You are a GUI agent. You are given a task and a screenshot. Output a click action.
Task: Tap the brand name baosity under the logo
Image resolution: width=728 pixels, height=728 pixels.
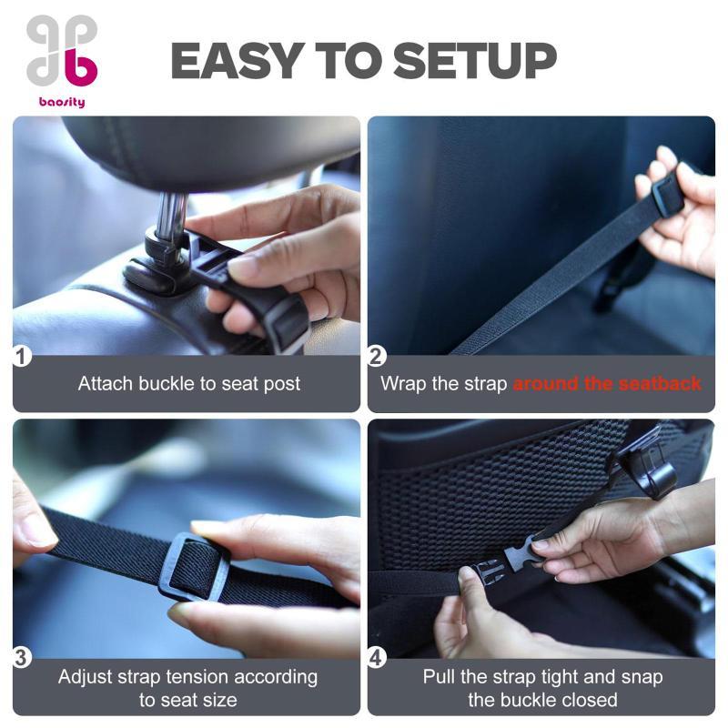pos(62,102)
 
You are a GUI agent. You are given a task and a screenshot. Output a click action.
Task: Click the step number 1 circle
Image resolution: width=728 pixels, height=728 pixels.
pos(21,357)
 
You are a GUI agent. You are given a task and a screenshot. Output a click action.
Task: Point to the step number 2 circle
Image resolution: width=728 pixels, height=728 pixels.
pos(376,357)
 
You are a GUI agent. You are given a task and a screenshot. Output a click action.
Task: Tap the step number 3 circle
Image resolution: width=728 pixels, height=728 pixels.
pos(21,658)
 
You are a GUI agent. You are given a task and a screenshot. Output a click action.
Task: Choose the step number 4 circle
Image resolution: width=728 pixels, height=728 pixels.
pos(377,658)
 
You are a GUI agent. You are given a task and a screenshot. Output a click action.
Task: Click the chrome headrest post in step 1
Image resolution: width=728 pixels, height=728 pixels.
pos(173,214)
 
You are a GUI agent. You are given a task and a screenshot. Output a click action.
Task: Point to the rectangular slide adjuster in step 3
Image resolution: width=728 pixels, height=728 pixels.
pos(194,567)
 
